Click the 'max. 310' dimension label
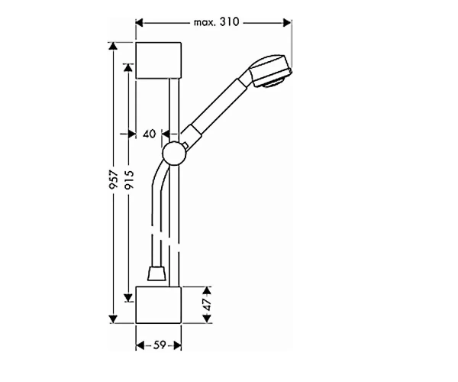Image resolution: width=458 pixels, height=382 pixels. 217,22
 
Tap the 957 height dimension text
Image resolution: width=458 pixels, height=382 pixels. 114,180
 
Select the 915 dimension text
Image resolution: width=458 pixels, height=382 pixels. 128,180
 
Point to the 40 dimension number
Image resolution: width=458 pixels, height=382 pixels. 150,134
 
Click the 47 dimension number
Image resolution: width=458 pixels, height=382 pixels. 207,305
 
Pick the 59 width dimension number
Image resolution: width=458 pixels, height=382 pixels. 160,345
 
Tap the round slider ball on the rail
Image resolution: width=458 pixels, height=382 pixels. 174,154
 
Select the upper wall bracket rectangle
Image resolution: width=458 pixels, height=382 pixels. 158,60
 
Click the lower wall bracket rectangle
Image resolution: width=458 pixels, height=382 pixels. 158,305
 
